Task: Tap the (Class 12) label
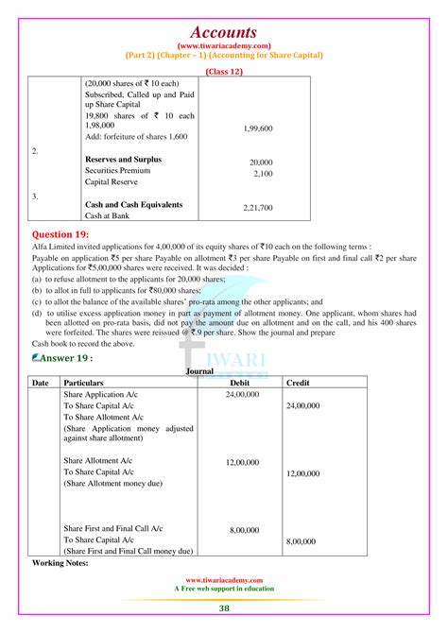(224, 69)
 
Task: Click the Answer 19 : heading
(63, 359)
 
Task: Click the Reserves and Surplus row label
(123, 160)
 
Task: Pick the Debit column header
(243, 382)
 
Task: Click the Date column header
(40, 382)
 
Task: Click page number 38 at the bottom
(224, 609)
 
